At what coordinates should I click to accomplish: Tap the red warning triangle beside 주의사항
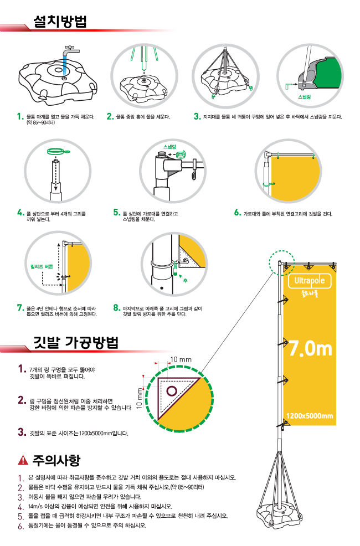coord(23,460)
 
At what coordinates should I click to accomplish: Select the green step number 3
coord(197,117)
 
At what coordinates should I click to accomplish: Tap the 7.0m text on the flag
coord(310,348)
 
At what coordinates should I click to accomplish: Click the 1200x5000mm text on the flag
coord(310,416)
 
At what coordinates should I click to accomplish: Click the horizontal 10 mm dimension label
coord(181,360)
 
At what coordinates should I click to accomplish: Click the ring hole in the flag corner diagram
coord(172,392)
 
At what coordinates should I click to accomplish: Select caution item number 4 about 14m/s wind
coord(20,506)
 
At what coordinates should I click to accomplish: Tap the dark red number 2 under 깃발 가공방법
coord(22,400)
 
